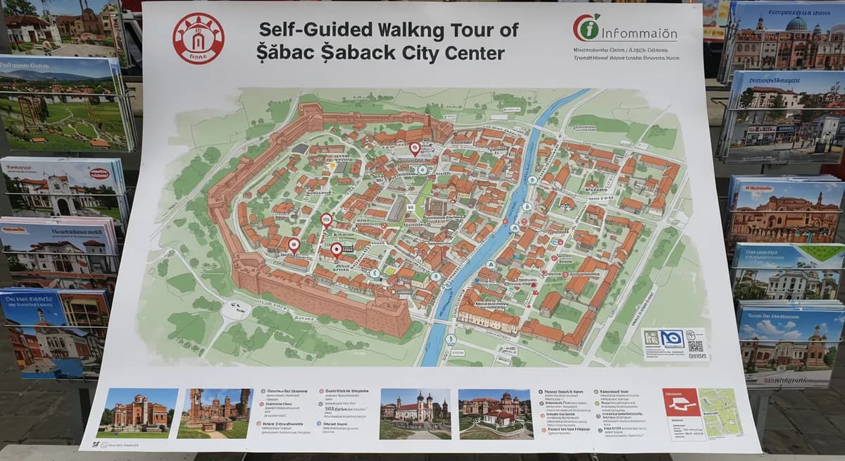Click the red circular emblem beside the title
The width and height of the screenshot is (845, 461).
coord(198,38)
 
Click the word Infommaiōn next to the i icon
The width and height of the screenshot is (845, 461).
coord(639,35)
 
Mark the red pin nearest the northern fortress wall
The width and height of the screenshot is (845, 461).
coord(415,149)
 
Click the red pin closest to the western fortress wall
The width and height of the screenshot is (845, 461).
coord(294,245)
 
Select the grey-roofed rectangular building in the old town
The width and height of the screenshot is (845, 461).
coord(398,208)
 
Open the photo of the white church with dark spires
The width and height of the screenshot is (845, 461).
coord(415,413)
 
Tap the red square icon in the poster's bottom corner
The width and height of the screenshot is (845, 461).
coord(681,402)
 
